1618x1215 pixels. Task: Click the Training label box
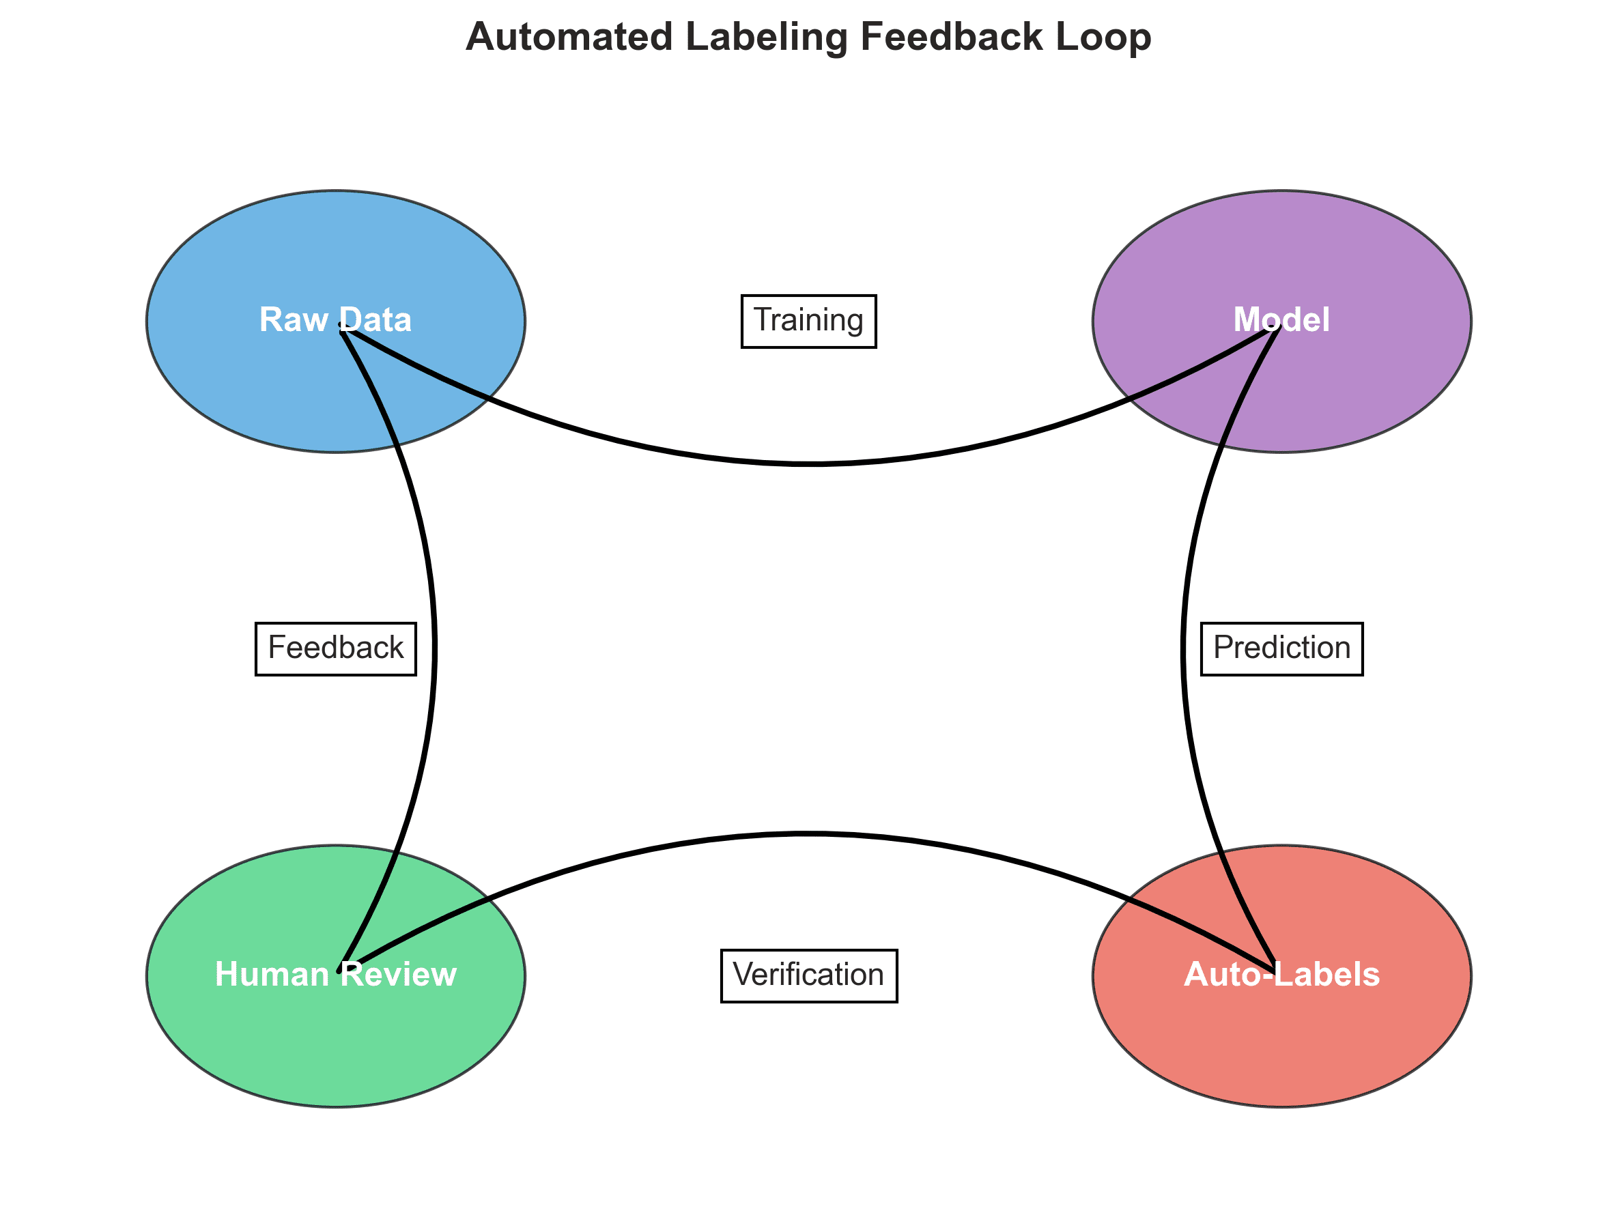coord(808,321)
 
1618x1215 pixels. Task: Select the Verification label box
coord(808,976)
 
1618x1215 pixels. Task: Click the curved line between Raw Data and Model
coord(808,463)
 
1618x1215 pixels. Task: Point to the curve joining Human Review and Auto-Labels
coord(808,833)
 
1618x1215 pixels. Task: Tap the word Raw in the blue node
coord(293,320)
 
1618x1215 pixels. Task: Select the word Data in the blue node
coord(375,320)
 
